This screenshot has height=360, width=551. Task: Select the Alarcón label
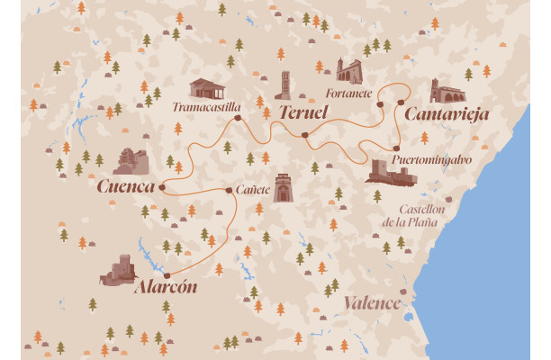pyautogui.click(x=164, y=290)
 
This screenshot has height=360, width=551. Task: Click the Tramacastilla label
pyautogui.click(x=206, y=107)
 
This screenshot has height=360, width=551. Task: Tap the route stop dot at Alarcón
pyautogui.click(x=167, y=275)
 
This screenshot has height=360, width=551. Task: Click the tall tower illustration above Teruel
pyautogui.click(x=285, y=85)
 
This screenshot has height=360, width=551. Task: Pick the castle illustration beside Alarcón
pyautogui.click(x=121, y=270)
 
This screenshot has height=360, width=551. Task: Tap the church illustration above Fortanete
pyautogui.click(x=348, y=71)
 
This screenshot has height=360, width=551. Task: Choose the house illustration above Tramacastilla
pyautogui.click(x=207, y=87)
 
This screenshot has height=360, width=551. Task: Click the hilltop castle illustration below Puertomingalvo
pyautogui.click(x=390, y=171)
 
